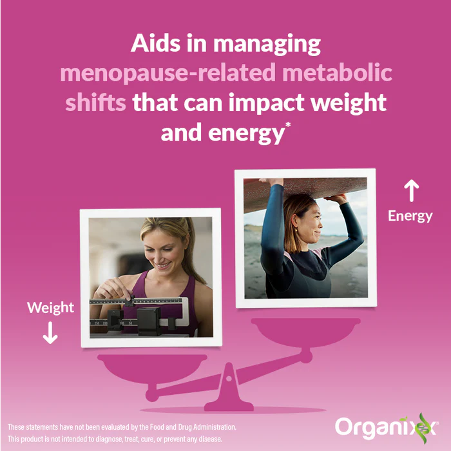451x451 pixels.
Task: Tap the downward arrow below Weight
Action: [x=50, y=333]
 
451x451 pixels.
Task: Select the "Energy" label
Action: [x=410, y=216]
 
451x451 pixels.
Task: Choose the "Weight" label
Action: [x=50, y=307]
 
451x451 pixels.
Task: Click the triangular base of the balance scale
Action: [x=228, y=390]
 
